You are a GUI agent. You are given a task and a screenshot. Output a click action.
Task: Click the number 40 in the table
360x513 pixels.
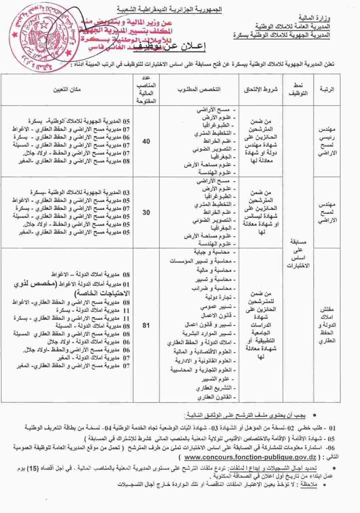click(x=146, y=142)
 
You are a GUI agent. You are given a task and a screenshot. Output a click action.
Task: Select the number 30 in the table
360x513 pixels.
click(x=146, y=212)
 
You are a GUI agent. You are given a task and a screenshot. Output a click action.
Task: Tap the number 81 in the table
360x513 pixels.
click(x=146, y=326)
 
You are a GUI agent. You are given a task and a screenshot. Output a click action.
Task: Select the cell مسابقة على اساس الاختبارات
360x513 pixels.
click(x=300, y=253)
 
